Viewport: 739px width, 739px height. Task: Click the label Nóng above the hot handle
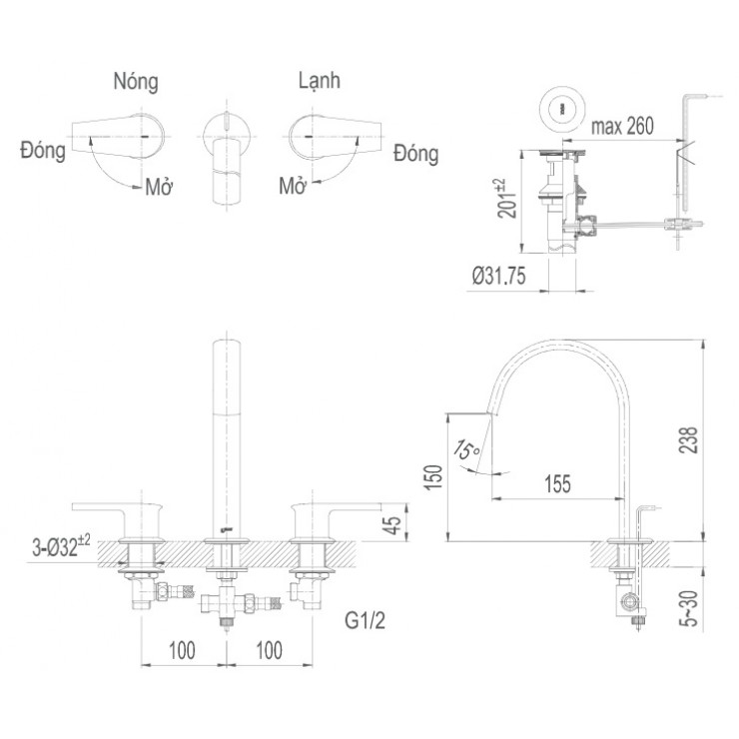[136, 81]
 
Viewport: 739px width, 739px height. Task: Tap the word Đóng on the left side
[42, 151]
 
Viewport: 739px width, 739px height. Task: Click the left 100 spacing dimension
[181, 651]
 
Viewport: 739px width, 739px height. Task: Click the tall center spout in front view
[228, 429]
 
